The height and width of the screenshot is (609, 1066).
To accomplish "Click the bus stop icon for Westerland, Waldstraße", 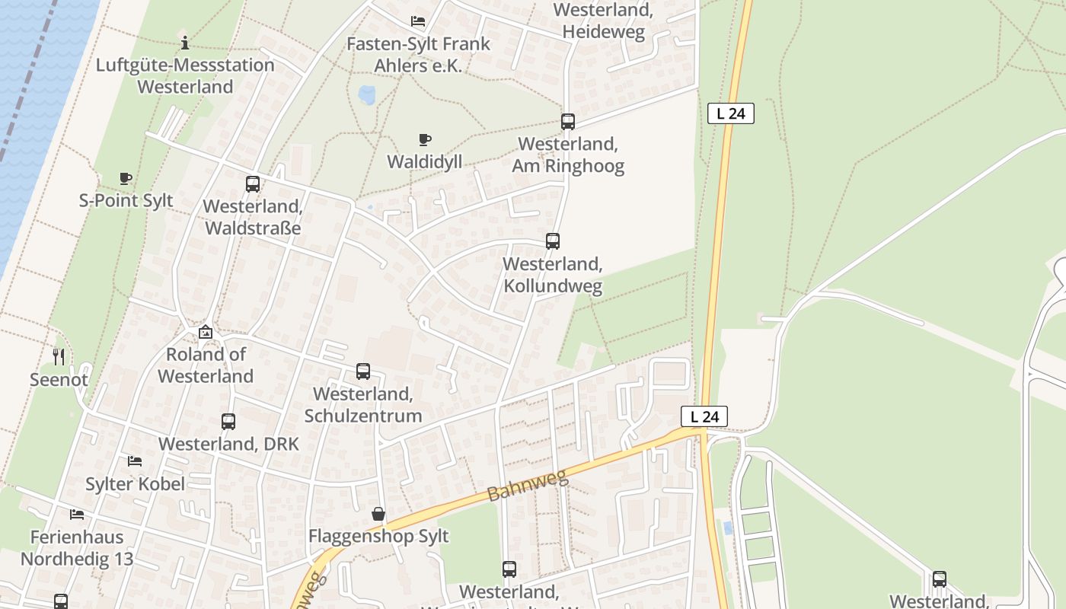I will click(x=253, y=184).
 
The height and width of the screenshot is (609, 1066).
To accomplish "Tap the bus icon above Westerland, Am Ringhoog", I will click(x=568, y=122).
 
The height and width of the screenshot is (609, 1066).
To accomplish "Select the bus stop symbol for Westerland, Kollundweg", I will click(x=553, y=241).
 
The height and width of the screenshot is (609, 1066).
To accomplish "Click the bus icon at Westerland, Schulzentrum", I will click(x=363, y=371).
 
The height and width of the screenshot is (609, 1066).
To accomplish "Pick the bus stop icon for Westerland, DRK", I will click(x=228, y=422).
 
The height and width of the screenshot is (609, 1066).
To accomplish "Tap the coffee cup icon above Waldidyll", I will click(x=425, y=139).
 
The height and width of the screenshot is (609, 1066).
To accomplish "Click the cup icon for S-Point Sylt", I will click(x=126, y=179).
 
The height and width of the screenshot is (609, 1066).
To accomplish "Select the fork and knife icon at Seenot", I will click(x=59, y=356).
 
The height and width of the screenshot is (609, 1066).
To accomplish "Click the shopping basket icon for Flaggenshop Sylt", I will click(x=378, y=515).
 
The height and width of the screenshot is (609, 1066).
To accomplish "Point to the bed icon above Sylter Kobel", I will click(x=135, y=461).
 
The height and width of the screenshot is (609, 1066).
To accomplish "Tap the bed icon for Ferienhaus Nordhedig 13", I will click(x=77, y=515).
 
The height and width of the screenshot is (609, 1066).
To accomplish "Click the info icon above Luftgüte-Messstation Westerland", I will click(x=184, y=43).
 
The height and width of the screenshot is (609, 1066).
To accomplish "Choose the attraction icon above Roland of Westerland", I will click(x=206, y=332).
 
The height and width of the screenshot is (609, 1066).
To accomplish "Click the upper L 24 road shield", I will click(x=730, y=113).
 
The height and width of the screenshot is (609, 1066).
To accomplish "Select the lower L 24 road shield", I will click(x=704, y=416).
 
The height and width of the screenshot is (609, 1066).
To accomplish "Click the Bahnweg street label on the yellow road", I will click(x=528, y=486).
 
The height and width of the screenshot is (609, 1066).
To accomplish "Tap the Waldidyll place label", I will click(x=425, y=161).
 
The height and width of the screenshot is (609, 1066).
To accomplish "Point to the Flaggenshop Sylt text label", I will click(x=378, y=536).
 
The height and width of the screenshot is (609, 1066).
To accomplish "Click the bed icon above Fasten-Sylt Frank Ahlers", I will click(x=418, y=21).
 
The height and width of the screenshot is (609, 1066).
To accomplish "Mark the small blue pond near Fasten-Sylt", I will click(x=367, y=95).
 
